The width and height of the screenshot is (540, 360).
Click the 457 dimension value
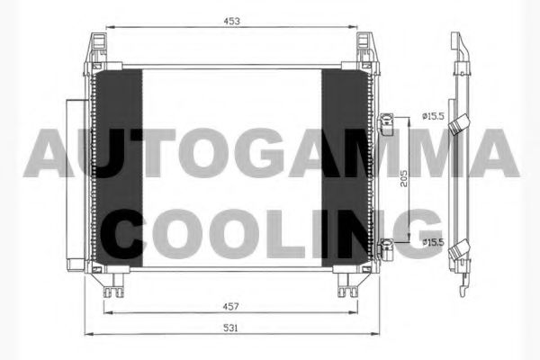click(x=234, y=307)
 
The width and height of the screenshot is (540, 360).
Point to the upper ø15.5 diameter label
click(x=434, y=115)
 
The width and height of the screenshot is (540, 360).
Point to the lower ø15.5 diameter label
click(x=434, y=241)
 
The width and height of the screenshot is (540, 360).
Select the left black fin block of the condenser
click(x=118, y=167)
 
